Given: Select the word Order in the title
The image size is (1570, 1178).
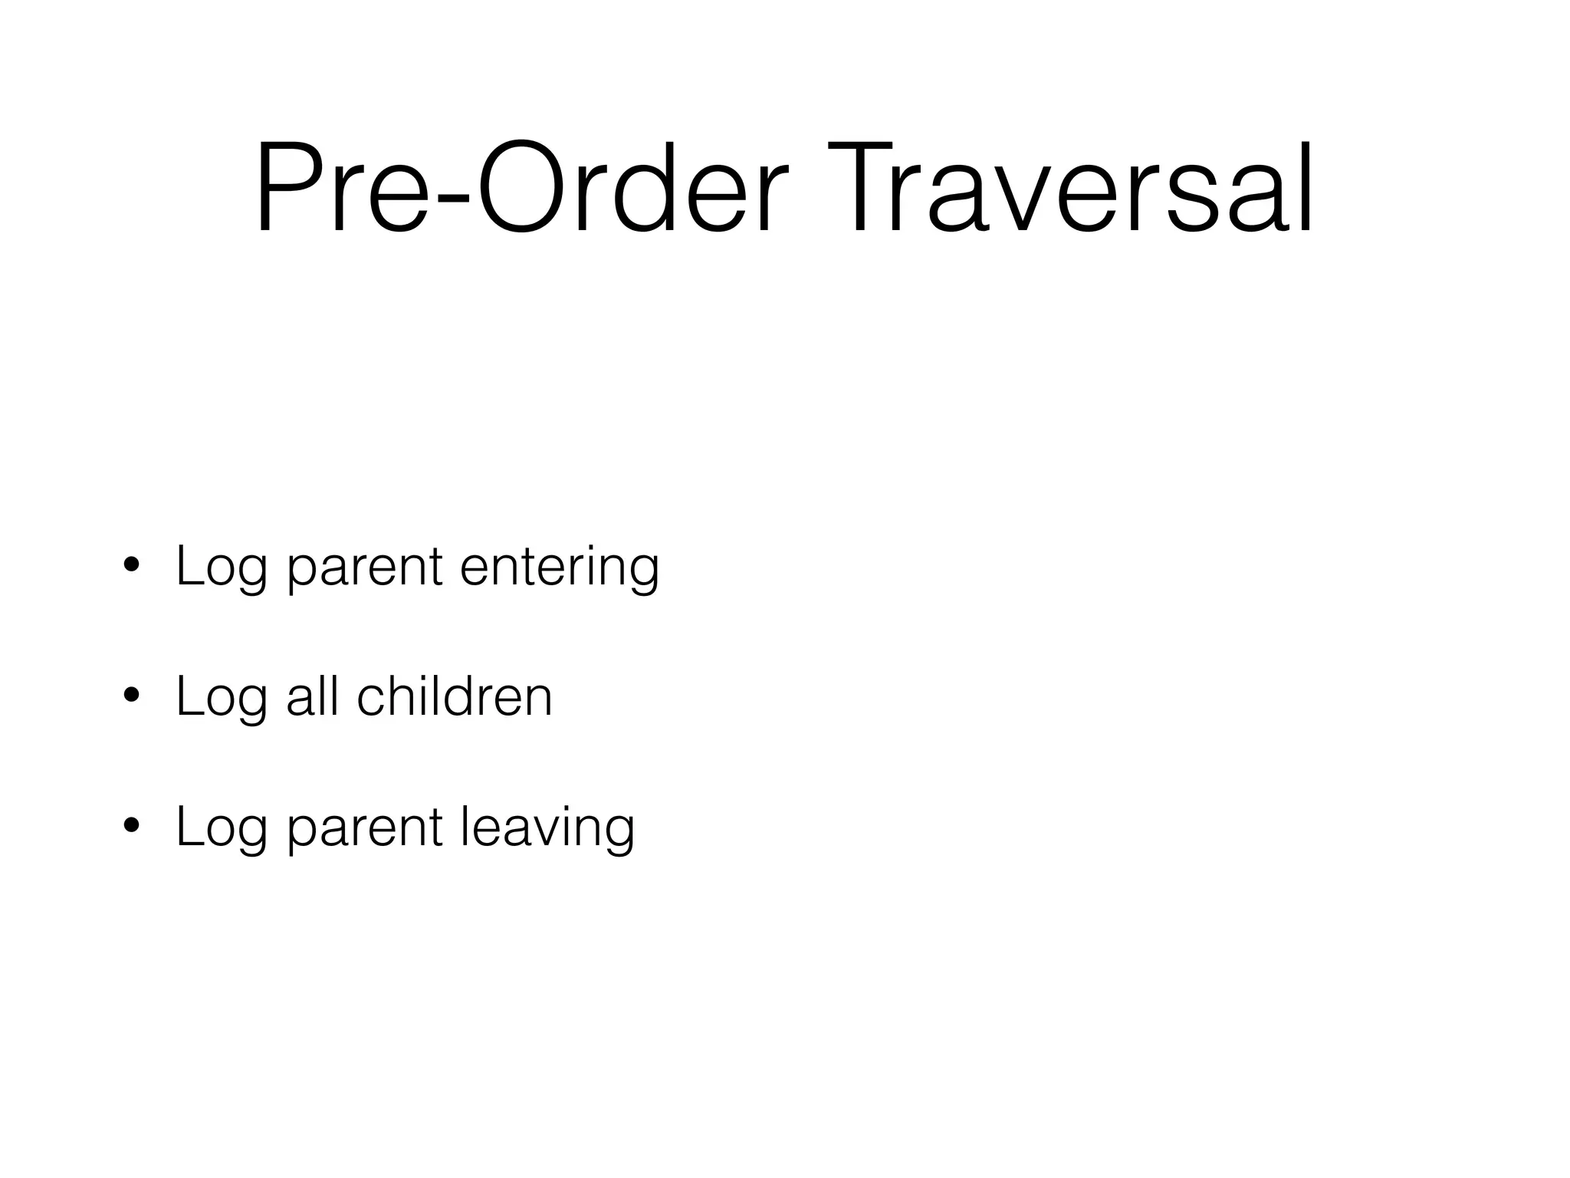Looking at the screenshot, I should pos(631,188).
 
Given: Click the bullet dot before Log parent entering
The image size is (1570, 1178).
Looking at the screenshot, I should pos(131,566).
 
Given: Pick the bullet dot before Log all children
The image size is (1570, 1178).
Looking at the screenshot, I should pos(131,696).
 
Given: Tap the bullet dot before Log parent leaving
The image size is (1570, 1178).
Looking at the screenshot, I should pos(131,827).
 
